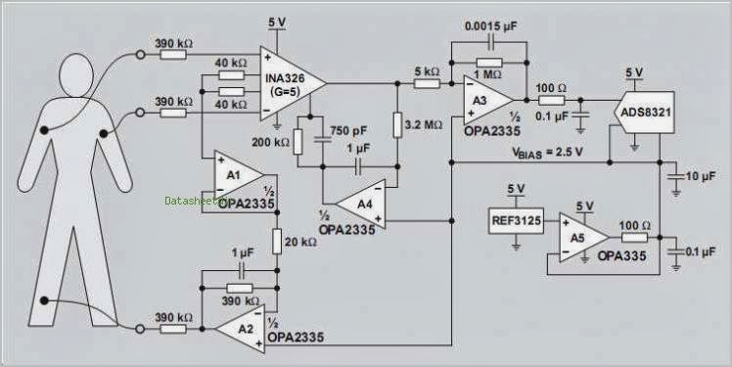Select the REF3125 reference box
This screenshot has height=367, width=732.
[x=515, y=221]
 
